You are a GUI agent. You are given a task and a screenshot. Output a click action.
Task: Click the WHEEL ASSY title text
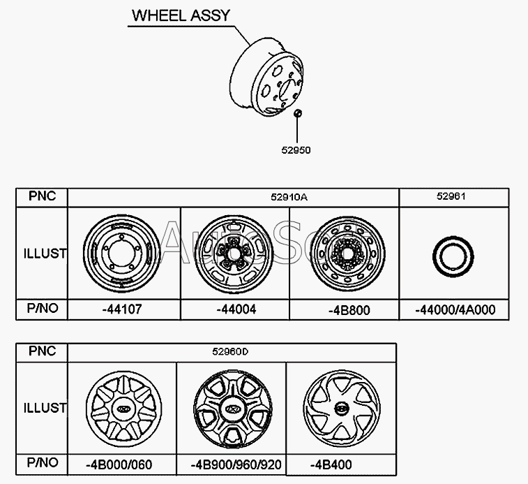[x=180, y=15]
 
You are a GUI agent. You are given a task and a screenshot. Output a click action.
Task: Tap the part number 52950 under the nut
[x=297, y=149]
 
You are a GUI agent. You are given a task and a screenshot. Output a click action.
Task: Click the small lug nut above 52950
[x=297, y=114]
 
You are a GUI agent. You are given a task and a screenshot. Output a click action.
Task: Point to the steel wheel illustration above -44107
[x=119, y=253]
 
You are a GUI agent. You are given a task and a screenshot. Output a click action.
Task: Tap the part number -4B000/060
[x=119, y=464]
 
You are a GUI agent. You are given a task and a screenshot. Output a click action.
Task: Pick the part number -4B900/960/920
[x=231, y=464]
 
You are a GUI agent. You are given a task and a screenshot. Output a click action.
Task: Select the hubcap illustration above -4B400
[x=342, y=408]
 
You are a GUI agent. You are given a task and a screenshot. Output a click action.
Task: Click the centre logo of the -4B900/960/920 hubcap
[x=230, y=409]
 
